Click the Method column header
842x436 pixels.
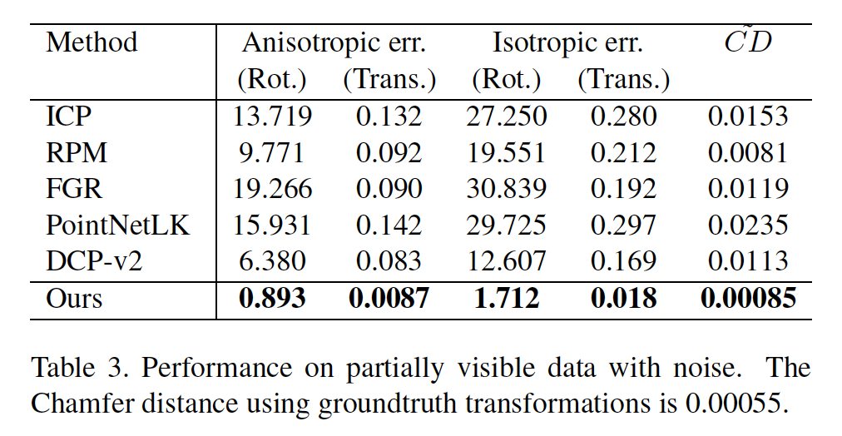92,42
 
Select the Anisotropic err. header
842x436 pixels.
334,42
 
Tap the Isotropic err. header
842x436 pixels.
567,42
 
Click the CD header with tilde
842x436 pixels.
747,41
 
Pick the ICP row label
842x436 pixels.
67,117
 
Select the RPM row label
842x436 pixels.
77,153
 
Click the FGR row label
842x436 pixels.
74,189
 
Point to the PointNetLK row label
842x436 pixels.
118,225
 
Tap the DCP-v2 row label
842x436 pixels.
94,260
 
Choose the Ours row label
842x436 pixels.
74,298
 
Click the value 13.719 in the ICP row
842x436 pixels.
272,117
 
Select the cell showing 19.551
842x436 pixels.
507,153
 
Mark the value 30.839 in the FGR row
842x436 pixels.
507,189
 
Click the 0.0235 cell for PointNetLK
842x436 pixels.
747,225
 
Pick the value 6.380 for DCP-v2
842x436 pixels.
272,260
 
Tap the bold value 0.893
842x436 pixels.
272,298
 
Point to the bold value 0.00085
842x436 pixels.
747,298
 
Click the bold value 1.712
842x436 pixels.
507,298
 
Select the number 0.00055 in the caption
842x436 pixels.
732,404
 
